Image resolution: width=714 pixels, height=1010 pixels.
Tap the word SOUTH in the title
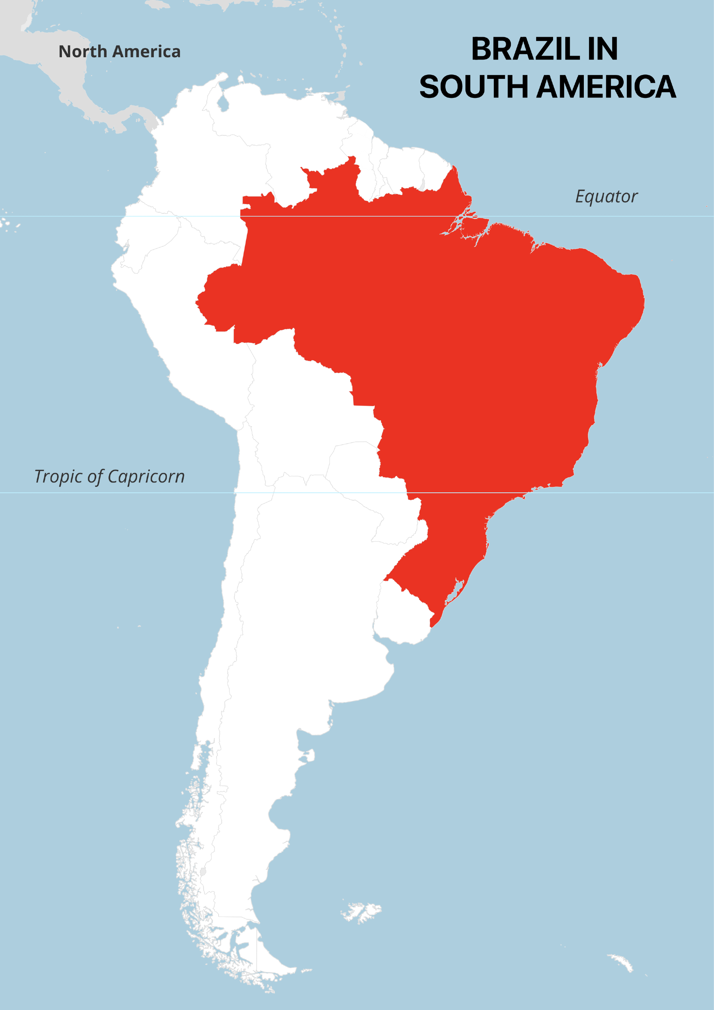point(473,87)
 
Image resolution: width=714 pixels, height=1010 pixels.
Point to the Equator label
point(606,196)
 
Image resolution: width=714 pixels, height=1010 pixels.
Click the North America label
point(119,51)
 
